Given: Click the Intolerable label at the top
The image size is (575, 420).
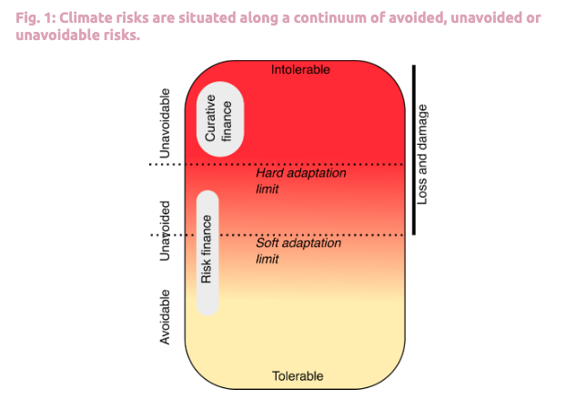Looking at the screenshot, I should tap(300, 69).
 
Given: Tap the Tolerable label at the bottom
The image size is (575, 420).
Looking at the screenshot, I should tap(298, 376).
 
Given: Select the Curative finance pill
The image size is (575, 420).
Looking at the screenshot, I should tap(219, 118).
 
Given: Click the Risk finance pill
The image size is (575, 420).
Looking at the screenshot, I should tap(207, 252).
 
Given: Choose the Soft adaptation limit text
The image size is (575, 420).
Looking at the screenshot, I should tap(286, 251).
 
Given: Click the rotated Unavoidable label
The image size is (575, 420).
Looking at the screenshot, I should tap(165, 124).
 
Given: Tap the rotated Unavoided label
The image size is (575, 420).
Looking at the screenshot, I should tap(165, 230).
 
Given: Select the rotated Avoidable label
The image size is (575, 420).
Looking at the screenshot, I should tap(165, 317).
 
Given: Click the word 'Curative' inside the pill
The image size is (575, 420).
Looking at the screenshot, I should tap(210, 118).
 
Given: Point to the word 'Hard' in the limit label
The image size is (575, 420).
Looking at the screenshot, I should tap(270, 172).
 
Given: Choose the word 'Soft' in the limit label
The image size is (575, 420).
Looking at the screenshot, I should tap(268, 243).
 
